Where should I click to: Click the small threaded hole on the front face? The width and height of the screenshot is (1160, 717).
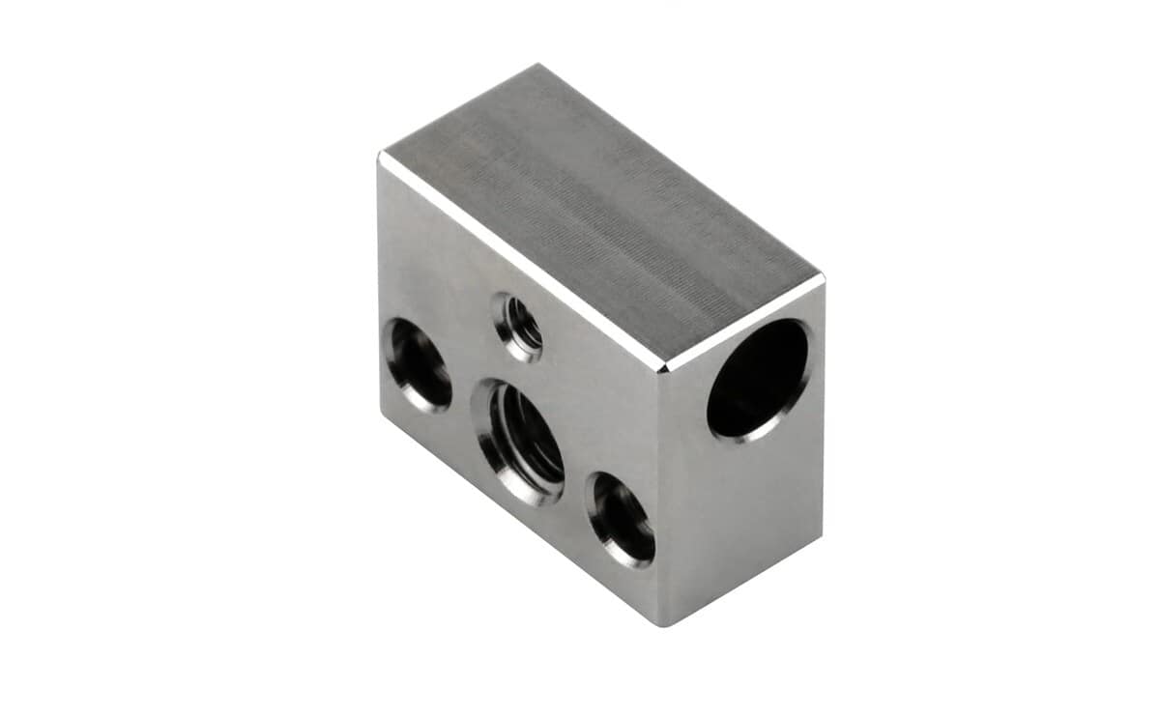pos(518,328)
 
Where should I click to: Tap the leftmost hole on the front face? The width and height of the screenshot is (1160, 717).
pos(419,364)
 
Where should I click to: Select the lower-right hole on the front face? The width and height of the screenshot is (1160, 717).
pos(622,519)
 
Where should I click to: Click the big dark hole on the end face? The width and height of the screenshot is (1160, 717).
pos(759,379)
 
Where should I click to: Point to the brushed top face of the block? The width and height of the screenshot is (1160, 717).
pos(599,217)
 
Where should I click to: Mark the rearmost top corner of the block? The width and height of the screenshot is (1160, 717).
pos(537,66)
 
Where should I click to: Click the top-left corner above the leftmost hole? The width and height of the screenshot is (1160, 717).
pos(381,155)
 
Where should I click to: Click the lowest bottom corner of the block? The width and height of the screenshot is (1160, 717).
pos(664,624)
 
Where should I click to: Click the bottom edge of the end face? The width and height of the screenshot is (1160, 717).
pos(744,581)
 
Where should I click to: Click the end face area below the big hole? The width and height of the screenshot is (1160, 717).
pos(749,502)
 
